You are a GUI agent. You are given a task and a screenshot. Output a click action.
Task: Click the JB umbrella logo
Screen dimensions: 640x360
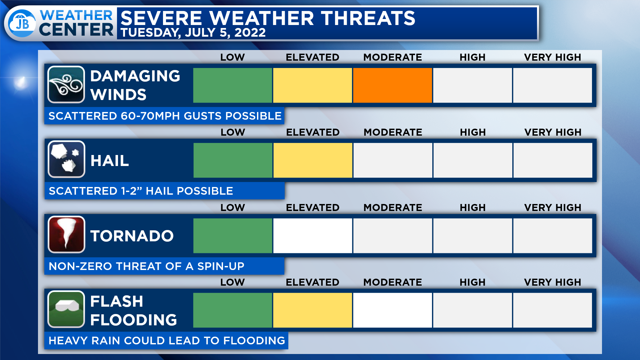pyautogui.click(x=22, y=23)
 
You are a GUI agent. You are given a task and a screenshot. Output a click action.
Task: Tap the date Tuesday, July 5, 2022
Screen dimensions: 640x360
pyautogui.click(x=193, y=33)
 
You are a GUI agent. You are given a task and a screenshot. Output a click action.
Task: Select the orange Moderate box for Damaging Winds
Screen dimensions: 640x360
pyautogui.click(x=392, y=85)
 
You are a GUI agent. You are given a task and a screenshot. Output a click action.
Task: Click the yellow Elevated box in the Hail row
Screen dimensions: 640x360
pyautogui.click(x=313, y=160)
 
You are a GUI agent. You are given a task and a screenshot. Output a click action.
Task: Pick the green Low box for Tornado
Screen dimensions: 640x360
pyautogui.click(x=233, y=236)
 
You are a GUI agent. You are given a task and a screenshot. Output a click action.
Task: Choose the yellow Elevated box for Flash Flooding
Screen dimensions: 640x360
pyautogui.click(x=312, y=310)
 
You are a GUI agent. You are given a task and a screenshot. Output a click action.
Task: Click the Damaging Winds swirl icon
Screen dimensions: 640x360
pyautogui.click(x=66, y=85)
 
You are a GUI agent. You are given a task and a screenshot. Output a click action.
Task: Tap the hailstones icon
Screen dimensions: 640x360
pyautogui.click(x=66, y=159)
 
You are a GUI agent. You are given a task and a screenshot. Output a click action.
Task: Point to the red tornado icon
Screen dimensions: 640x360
pyautogui.click(x=66, y=235)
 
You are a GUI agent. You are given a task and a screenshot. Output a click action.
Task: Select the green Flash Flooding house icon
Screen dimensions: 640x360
pyautogui.click(x=66, y=309)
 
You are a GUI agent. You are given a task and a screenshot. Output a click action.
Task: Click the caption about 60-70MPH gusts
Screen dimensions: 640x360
pyautogui.click(x=165, y=116)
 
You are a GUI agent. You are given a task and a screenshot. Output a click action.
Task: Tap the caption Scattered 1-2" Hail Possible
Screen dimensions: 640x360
pyautogui.click(x=141, y=191)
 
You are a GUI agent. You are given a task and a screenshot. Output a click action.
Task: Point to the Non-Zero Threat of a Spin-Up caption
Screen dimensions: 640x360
pyautogui.click(x=146, y=266)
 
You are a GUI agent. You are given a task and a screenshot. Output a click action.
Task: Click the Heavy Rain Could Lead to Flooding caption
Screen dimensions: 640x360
pyautogui.click(x=167, y=341)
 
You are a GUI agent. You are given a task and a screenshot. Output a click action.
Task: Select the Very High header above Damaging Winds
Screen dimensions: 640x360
pyautogui.click(x=552, y=57)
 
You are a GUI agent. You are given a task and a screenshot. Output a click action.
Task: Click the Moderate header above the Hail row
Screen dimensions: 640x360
pyautogui.click(x=393, y=132)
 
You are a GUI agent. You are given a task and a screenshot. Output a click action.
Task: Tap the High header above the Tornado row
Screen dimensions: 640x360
pyautogui.click(x=472, y=208)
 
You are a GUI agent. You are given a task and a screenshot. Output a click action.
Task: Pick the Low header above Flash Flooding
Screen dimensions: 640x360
pyautogui.click(x=232, y=282)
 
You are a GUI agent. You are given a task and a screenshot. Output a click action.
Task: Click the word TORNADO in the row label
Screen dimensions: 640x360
pyautogui.click(x=132, y=236)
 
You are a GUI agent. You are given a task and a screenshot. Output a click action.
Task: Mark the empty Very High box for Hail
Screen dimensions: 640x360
pyautogui.click(x=553, y=160)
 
